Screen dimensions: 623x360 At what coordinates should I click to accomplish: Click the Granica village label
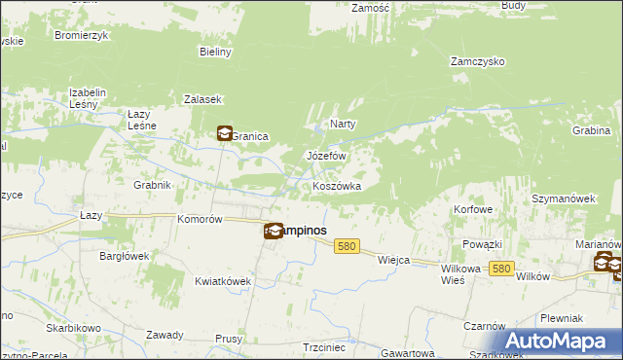[250, 137]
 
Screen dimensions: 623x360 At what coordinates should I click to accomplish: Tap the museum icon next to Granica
[224, 134]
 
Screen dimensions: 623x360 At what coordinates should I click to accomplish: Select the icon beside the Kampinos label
[274, 231]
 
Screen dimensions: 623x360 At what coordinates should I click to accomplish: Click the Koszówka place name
[337, 186]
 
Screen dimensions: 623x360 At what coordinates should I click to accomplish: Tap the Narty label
[343, 124]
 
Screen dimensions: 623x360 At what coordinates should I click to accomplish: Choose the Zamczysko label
[477, 60]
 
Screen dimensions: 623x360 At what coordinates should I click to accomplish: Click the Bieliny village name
[215, 52]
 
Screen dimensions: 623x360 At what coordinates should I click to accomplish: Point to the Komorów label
[201, 220]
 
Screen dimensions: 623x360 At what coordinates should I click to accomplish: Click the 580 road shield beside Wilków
[501, 268]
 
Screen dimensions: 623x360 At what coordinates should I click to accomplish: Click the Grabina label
[591, 130]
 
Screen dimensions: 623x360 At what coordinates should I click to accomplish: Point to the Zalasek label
[203, 99]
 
